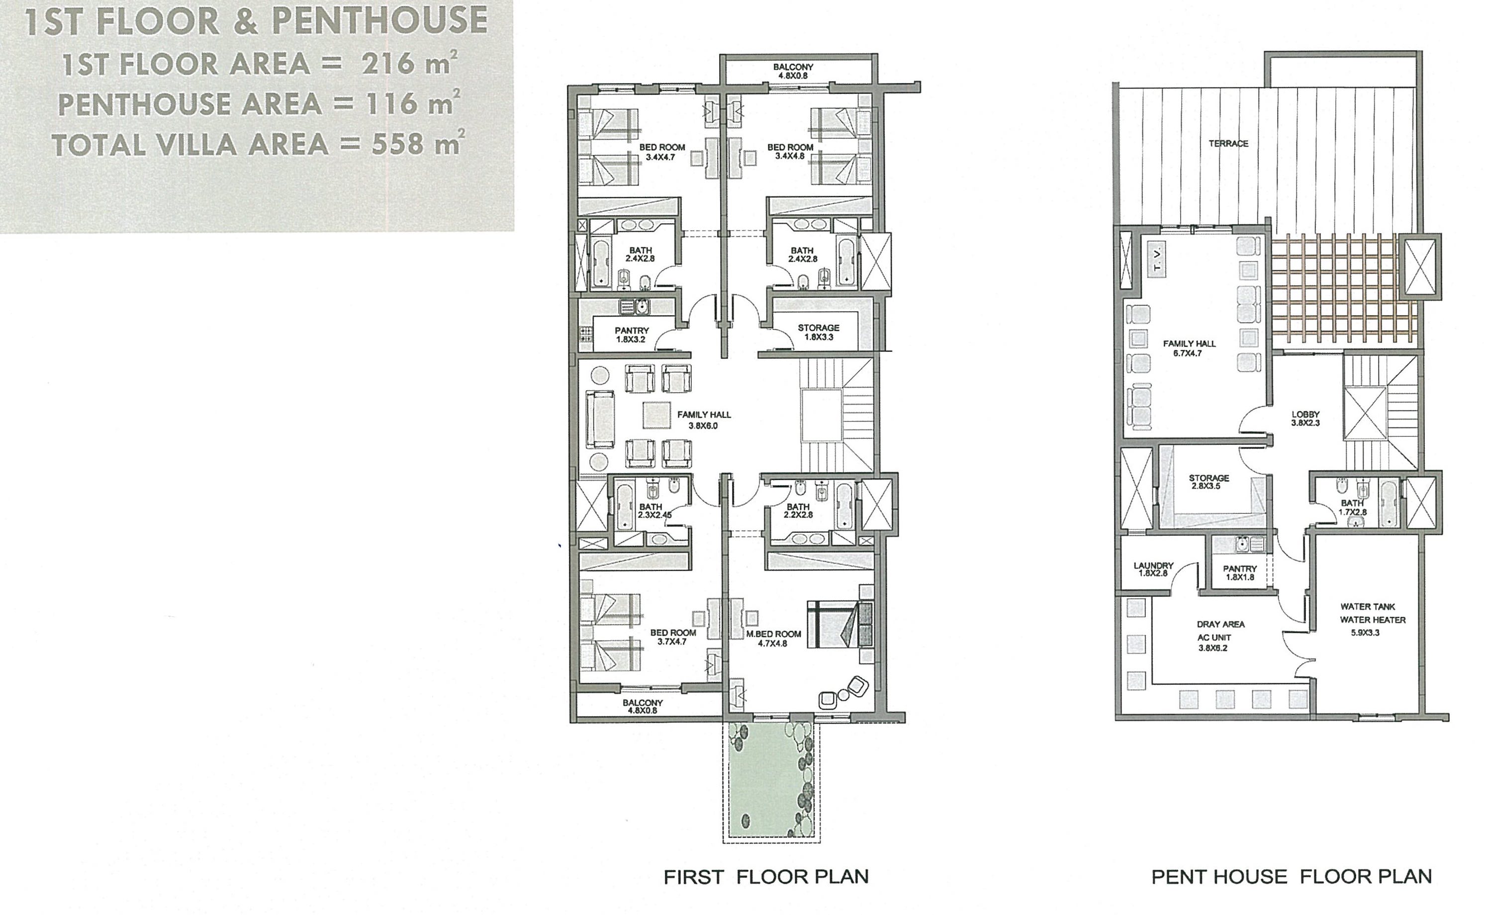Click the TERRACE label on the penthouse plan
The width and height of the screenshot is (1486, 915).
[x=1228, y=144]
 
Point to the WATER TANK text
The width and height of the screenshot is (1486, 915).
[x=1367, y=606]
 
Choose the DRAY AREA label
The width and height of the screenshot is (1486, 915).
[x=1220, y=624]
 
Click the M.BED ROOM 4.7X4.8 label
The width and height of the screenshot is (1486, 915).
[x=773, y=639]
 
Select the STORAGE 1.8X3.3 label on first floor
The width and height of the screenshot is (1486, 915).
[x=818, y=332]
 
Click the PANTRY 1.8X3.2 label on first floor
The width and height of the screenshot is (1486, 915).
[x=631, y=334]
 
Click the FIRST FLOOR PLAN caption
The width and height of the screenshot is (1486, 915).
[x=765, y=877]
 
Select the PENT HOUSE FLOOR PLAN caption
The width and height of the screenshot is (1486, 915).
[x=1291, y=877]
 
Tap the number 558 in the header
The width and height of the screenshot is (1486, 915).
[x=397, y=144]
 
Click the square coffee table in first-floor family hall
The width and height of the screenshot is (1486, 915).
[x=657, y=415]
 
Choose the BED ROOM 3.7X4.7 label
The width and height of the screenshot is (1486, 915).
[x=673, y=637]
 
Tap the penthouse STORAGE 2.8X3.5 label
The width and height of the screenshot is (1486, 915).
[x=1208, y=482]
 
